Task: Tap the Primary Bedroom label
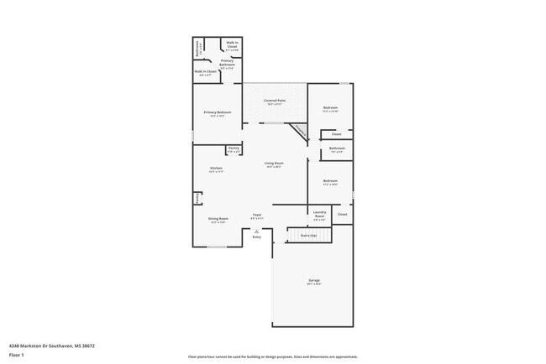click(217, 112)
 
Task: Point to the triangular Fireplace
click(298, 132)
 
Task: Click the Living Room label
click(274, 164)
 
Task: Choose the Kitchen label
click(215, 169)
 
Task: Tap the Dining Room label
click(218, 219)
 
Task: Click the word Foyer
click(257, 215)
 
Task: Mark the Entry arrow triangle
click(257, 231)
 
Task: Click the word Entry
click(257, 237)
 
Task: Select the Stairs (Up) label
click(309, 236)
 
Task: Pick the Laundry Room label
click(319, 213)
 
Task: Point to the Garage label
click(314, 280)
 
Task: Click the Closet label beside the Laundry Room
click(342, 215)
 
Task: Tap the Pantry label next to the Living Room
click(233, 148)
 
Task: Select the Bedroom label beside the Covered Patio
click(330, 108)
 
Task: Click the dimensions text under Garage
click(314, 284)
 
